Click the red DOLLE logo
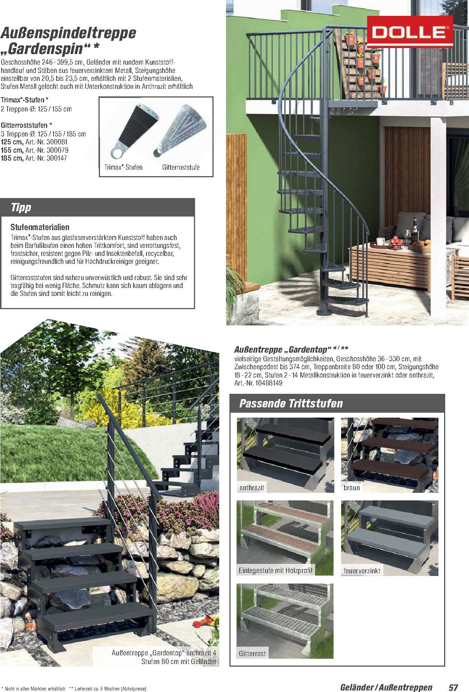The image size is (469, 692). [x=410, y=32]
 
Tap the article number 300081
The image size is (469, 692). [x=57, y=142]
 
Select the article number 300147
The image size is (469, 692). [x=57, y=158]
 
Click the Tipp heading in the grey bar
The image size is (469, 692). [x=21, y=207]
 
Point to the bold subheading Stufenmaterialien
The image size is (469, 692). [x=40, y=227]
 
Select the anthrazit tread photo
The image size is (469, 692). [x=285, y=455]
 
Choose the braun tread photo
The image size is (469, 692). [x=390, y=455]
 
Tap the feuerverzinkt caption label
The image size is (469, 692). [x=362, y=571]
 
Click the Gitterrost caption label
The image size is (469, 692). [x=252, y=653]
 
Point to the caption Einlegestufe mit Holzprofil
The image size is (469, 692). [x=275, y=570]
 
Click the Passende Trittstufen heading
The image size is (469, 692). [x=291, y=404]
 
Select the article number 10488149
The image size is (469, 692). [x=269, y=383]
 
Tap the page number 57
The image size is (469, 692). [x=453, y=687]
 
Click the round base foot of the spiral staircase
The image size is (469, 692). [x=323, y=312]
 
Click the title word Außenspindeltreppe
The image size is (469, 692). [x=68, y=33]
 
